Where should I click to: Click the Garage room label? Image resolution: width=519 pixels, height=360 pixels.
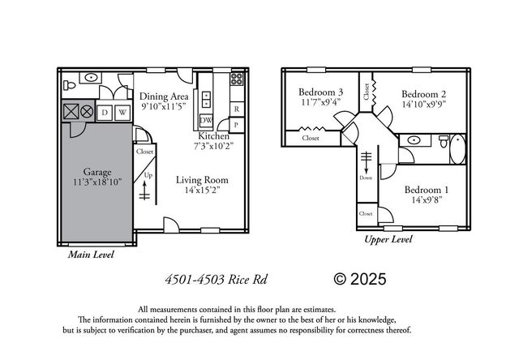(x=97, y=172)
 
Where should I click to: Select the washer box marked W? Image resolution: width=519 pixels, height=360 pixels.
(x=122, y=112)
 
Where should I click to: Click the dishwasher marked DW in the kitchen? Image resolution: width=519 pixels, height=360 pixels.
(x=206, y=121)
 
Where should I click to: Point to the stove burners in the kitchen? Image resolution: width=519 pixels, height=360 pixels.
(x=238, y=80)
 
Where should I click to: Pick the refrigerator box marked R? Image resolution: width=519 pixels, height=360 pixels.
(x=236, y=108)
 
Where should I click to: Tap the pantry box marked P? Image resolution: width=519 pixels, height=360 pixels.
(x=236, y=125)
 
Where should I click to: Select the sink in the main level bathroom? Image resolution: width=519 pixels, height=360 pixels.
(x=91, y=79)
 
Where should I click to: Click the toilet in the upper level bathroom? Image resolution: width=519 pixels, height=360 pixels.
(x=443, y=142)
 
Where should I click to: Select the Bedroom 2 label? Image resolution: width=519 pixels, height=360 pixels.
(x=424, y=93)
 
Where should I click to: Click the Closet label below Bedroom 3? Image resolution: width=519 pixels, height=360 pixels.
(x=310, y=138)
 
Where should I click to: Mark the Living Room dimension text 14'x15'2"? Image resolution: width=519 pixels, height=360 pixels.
(x=202, y=191)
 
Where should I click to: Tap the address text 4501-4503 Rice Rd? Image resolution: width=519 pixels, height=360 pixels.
(x=216, y=280)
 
